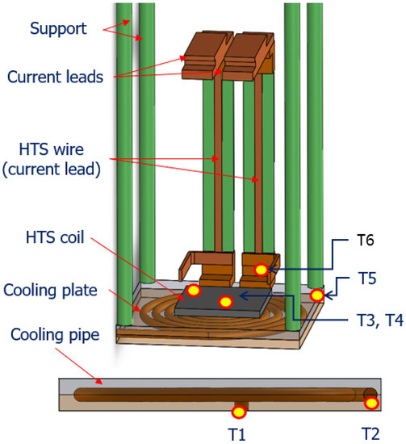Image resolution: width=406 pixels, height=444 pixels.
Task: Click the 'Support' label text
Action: click(x=58, y=28)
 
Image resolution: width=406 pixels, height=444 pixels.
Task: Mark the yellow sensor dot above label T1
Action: click(x=237, y=412)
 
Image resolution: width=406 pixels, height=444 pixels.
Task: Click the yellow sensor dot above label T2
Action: click(x=372, y=402)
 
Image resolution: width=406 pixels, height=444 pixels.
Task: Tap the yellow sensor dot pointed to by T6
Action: click(x=261, y=270)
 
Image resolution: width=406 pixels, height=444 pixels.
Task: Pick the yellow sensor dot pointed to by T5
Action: click(x=317, y=296)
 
